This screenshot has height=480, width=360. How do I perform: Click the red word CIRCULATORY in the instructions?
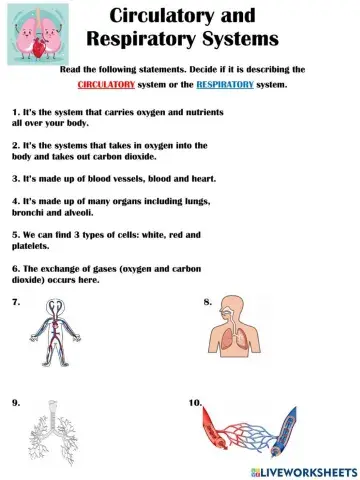coord(135,84)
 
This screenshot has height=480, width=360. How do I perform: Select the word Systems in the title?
coord(264,41)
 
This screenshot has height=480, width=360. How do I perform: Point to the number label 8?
coord(207,301)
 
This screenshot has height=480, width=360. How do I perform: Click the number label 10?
coord(195,402)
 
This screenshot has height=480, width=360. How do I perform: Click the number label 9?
coord(16,402)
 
